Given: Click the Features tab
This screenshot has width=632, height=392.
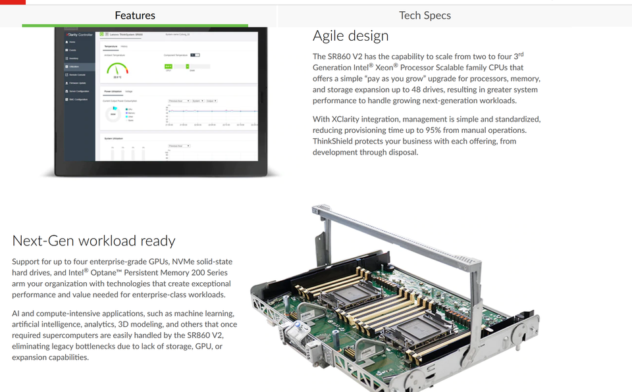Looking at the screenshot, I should (x=135, y=15).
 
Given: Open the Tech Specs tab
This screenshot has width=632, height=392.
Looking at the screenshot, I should (x=425, y=15).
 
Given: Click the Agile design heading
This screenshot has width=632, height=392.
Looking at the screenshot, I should (x=350, y=36).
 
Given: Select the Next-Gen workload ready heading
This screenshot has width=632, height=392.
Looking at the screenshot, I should (x=93, y=241).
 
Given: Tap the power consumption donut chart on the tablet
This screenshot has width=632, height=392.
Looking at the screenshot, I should (x=113, y=114).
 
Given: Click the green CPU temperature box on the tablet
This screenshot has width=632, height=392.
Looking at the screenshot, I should (x=169, y=66).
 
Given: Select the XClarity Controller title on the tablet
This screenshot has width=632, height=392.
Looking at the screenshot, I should (x=80, y=34).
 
